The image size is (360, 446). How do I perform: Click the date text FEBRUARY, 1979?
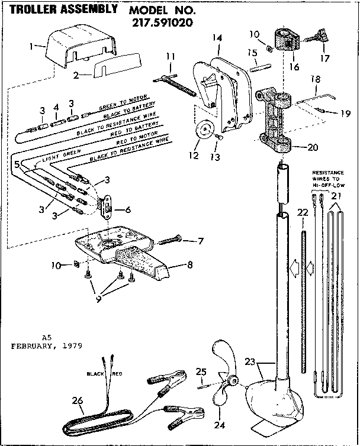pos(46,345)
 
